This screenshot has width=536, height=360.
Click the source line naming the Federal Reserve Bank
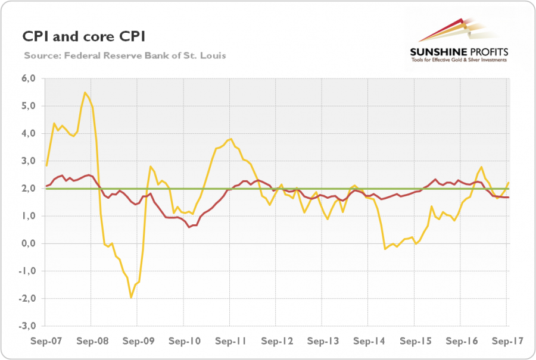tap(125, 55)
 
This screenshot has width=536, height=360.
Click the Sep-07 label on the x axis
tap(45, 342)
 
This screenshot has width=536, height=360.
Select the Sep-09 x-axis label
tap(138, 342)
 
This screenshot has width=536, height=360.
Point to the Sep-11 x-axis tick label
tap(230, 342)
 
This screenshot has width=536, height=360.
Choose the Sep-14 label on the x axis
tap(367, 342)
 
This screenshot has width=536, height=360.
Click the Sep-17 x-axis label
tap(506, 342)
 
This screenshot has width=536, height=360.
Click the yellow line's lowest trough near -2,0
tap(131, 298)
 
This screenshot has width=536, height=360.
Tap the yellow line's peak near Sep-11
tap(230, 139)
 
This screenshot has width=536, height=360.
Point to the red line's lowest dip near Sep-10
tap(189, 227)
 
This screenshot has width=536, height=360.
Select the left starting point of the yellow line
tap(46, 165)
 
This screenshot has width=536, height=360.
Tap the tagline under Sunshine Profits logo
tap(458, 60)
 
